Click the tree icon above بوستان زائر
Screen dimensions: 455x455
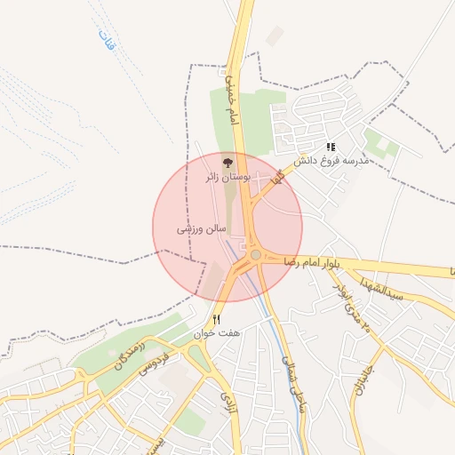227,163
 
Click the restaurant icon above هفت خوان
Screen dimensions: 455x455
216,320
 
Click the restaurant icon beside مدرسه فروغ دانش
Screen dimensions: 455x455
331,147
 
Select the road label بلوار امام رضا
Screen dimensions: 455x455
313,263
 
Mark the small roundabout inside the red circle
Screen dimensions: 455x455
255,255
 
